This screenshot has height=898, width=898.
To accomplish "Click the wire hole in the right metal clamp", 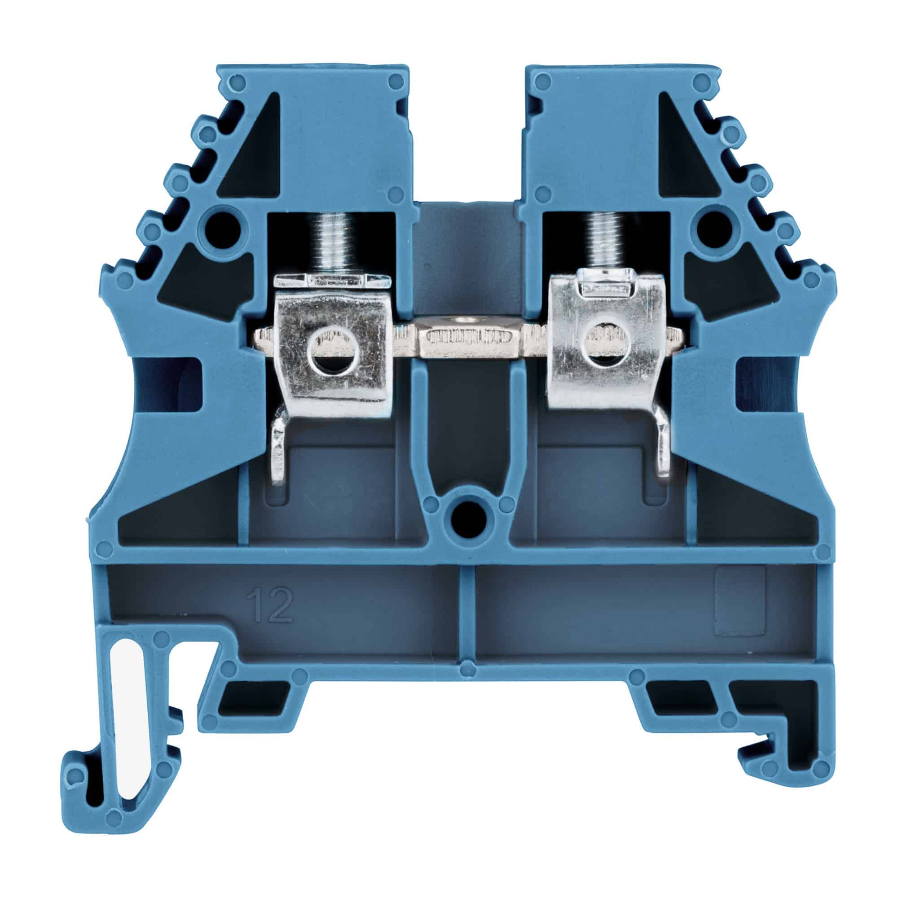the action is (604, 344).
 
